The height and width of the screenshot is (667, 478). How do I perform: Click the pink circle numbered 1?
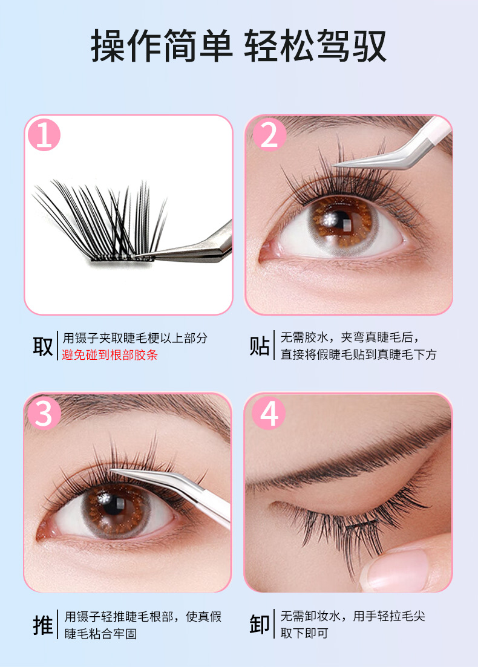[44, 135]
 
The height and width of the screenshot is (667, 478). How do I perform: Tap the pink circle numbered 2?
[269, 135]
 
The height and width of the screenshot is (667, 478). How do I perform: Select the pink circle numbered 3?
[44, 413]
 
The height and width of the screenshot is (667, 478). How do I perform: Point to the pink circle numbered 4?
[269, 412]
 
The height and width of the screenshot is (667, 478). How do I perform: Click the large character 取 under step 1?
[42, 347]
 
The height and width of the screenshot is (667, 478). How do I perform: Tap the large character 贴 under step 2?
[260, 345]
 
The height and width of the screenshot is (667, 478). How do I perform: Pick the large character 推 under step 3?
[42, 625]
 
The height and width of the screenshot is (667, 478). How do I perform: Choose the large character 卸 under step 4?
[260, 624]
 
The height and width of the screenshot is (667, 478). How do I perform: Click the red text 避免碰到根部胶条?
[110, 355]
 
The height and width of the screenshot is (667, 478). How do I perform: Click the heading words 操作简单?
[162, 46]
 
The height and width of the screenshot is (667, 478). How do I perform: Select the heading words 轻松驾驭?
[315, 46]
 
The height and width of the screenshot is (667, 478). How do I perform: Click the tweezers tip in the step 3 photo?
[111, 470]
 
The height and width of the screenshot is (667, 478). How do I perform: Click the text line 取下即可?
[304, 633]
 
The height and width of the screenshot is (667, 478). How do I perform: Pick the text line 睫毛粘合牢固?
[101, 634]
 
